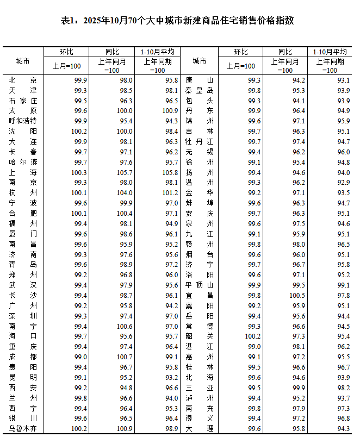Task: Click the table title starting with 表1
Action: pos(179,21)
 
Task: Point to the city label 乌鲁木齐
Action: pos(23,429)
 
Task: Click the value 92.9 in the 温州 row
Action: pos(343,183)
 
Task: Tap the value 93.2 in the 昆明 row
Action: pos(170,377)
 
